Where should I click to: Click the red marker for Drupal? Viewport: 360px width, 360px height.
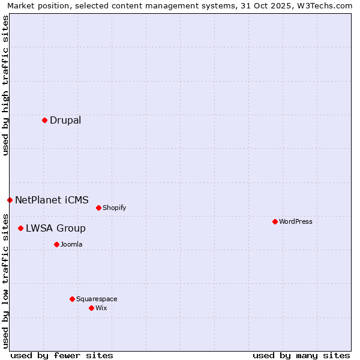(44, 120)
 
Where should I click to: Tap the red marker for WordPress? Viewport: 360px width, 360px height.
(275, 221)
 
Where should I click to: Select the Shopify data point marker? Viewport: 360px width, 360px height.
(98, 208)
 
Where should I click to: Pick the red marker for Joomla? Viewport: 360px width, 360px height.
(56, 244)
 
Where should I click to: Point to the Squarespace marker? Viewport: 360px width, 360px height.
(72, 299)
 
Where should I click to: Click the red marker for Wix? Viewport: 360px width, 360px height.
(91, 308)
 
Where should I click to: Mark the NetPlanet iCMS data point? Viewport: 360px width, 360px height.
(10, 200)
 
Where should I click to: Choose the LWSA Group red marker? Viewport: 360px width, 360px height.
(20, 228)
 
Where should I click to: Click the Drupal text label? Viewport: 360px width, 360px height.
(65, 120)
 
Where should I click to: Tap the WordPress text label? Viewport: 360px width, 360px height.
(296, 221)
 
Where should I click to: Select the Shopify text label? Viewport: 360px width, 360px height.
(114, 208)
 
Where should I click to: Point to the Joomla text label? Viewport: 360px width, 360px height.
(71, 244)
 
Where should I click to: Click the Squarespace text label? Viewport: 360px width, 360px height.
(97, 299)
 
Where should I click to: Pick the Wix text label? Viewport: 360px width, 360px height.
(101, 308)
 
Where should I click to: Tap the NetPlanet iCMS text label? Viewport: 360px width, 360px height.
(52, 200)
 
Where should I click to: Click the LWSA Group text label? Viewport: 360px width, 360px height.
(56, 228)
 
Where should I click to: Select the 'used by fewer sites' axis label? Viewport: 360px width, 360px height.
(62, 355)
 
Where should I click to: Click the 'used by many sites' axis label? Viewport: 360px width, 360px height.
(301, 355)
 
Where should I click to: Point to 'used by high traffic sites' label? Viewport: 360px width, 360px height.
(5, 85)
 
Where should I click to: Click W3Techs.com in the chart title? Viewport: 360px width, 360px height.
(325, 6)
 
